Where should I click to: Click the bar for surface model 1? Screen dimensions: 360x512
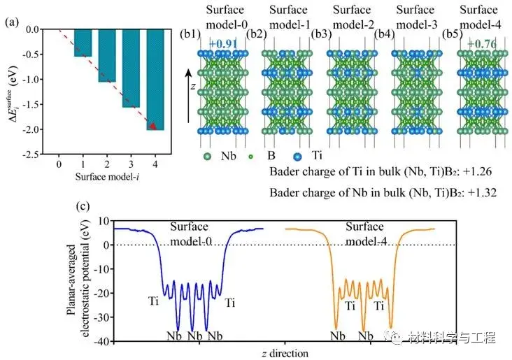coord(83,43)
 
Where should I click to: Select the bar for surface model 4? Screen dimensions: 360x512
coord(155,80)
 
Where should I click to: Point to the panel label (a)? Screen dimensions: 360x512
coord(12,22)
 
